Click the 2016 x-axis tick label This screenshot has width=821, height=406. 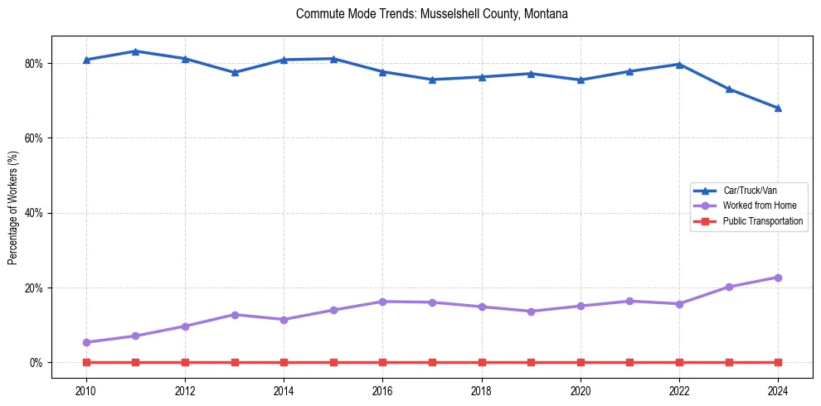pos(382,389)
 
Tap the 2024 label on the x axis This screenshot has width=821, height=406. pos(778,389)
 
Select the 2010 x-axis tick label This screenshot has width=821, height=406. pos(86,389)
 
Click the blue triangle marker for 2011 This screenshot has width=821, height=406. pos(136,51)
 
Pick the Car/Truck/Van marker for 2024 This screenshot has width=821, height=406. pos(778,108)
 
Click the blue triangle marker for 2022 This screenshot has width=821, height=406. pos(679,64)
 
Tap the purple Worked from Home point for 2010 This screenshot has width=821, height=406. pos(86,342)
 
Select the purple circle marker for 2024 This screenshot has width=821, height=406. pos(778,278)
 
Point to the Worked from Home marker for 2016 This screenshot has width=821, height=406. pos(382,302)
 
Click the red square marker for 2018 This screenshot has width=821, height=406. pos(482,362)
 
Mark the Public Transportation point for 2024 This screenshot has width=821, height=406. pos(778,362)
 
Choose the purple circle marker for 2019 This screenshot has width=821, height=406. pos(531,312)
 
